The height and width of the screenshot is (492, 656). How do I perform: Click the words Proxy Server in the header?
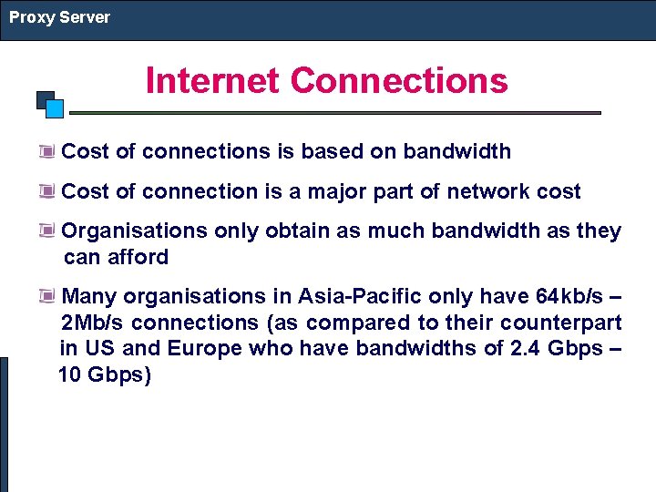tap(59, 17)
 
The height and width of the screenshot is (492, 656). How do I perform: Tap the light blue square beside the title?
tap(55, 108)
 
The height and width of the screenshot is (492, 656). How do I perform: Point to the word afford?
tap(137, 257)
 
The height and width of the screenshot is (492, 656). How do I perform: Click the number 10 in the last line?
tap(69, 374)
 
